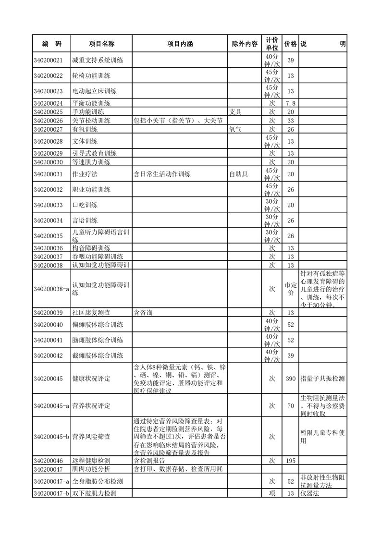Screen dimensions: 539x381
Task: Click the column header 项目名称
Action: (101, 44)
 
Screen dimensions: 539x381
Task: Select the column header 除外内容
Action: (245, 44)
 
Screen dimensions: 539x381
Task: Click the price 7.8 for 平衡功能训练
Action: (290, 103)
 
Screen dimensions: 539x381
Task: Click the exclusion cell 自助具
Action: (239, 174)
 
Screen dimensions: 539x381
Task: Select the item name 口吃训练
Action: (85, 205)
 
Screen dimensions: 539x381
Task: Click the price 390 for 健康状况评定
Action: (290, 379)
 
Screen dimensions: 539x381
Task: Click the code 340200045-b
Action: (51, 437)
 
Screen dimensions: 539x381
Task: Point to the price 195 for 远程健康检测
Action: (290, 460)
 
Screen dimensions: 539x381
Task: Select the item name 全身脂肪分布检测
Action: (97, 481)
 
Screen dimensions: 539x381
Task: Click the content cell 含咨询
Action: (143, 312)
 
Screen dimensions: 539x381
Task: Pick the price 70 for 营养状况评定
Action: (290, 406)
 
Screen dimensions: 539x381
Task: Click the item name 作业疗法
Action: (85, 174)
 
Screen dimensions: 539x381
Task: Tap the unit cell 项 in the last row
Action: (271, 493)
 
